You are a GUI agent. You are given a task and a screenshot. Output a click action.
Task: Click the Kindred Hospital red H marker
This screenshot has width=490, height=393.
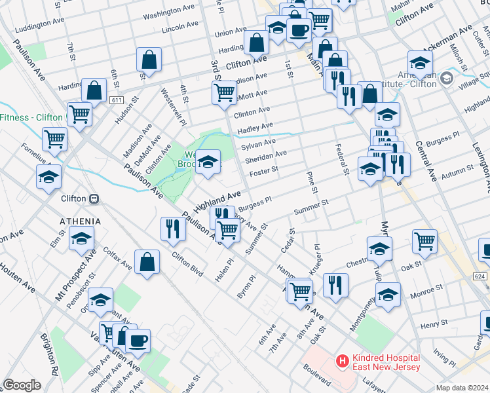(341, 360)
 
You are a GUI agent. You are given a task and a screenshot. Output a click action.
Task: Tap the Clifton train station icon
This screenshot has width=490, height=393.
(94, 198)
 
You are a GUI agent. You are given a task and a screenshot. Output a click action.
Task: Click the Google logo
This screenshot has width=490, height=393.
(22, 385)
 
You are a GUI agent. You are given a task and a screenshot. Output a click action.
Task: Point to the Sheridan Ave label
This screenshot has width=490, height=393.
(266, 157)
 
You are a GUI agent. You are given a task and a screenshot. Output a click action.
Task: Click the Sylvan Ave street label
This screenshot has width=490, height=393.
(260, 142)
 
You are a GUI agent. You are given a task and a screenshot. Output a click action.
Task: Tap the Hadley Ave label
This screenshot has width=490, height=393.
(255, 126)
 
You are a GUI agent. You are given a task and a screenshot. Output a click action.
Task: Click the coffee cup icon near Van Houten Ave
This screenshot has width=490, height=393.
(138, 340)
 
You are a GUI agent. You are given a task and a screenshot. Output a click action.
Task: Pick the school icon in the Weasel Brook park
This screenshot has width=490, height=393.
(208, 161)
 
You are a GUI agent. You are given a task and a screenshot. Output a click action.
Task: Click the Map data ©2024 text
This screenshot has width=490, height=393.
(462, 388)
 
